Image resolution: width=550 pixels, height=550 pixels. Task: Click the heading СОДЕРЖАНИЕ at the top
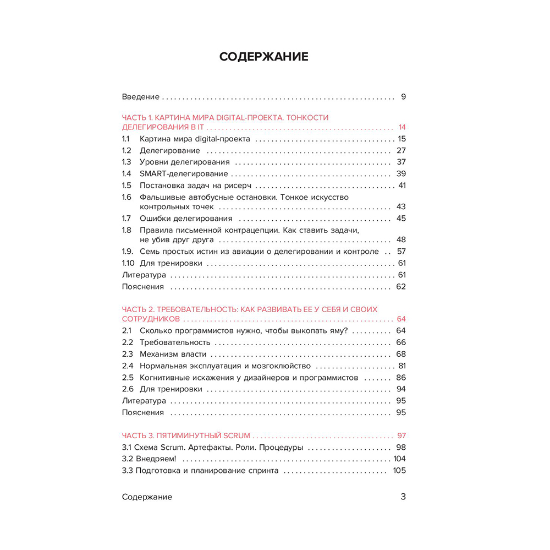pos(263,57)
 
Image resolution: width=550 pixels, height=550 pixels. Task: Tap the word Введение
pos(140,97)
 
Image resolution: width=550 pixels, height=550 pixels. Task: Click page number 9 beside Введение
pos(403,97)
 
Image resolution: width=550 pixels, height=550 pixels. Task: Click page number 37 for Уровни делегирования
pos(400,162)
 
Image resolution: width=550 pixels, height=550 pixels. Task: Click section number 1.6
pos(127,197)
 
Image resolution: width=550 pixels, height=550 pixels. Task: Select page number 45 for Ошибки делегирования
pos(400,219)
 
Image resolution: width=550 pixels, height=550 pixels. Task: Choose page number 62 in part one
pos(400,286)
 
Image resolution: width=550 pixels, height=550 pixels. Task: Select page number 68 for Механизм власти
pos(400,354)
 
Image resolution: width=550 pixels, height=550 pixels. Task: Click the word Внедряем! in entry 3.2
pos(156,459)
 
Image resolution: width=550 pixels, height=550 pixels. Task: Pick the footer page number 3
pos(403,497)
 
